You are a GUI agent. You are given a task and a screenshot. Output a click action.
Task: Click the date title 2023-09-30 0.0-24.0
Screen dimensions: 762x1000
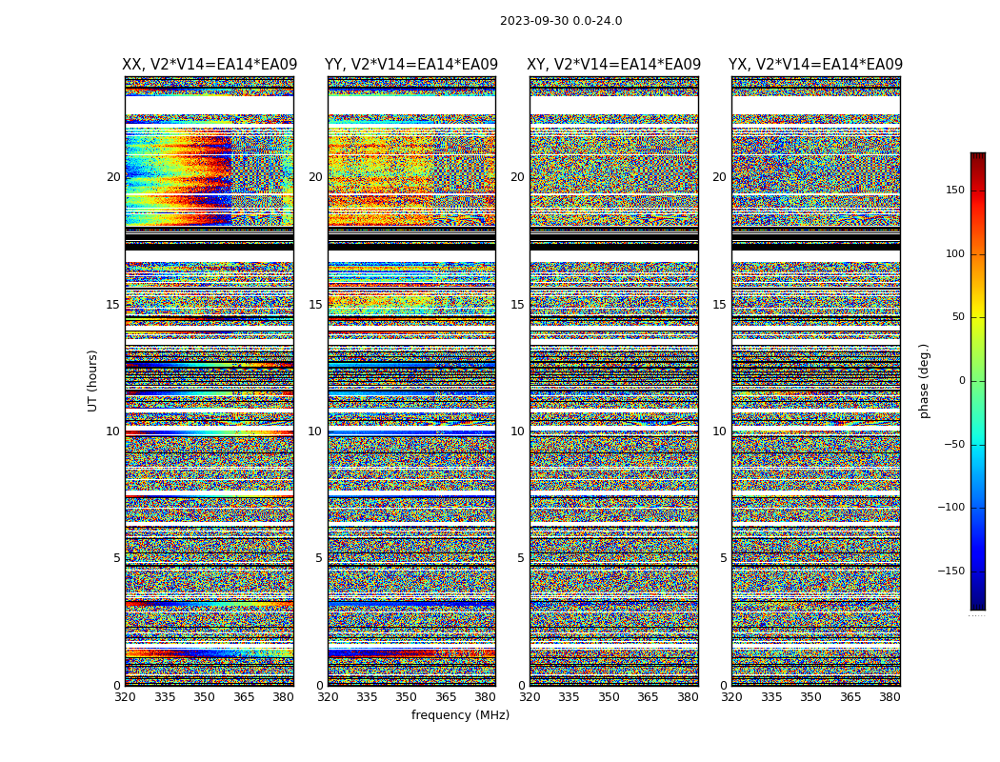tap(561, 21)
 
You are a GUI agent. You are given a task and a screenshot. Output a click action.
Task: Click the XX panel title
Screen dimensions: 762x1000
tap(210, 65)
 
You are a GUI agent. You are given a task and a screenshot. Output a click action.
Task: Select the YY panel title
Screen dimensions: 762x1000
tap(411, 65)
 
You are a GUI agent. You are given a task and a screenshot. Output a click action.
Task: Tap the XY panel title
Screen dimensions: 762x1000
tap(614, 65)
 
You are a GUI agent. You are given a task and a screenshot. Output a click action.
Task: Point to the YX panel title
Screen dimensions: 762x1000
tap(815, 65)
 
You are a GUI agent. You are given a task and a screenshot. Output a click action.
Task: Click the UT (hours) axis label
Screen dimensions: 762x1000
tap(93, 380)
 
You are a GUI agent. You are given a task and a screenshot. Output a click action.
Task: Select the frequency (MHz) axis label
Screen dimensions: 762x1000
tap(460, 715)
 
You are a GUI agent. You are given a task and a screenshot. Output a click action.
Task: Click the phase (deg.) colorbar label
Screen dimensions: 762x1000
tap(925, 380)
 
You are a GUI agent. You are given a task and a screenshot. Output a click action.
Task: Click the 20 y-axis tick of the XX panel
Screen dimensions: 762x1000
tap(113, 177)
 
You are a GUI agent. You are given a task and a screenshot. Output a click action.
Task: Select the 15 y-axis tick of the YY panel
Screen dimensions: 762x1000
tap(315, 305)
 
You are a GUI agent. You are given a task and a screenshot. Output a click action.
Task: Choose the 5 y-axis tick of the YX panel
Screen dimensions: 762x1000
tap(723, 558)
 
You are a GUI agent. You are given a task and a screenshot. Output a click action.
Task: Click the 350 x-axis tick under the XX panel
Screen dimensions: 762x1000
tap(205, 697)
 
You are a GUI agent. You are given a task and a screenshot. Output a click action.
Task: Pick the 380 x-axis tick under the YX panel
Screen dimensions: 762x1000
tap(890, 697)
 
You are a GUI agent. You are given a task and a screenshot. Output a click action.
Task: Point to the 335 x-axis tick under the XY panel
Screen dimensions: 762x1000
tap(570, 697)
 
